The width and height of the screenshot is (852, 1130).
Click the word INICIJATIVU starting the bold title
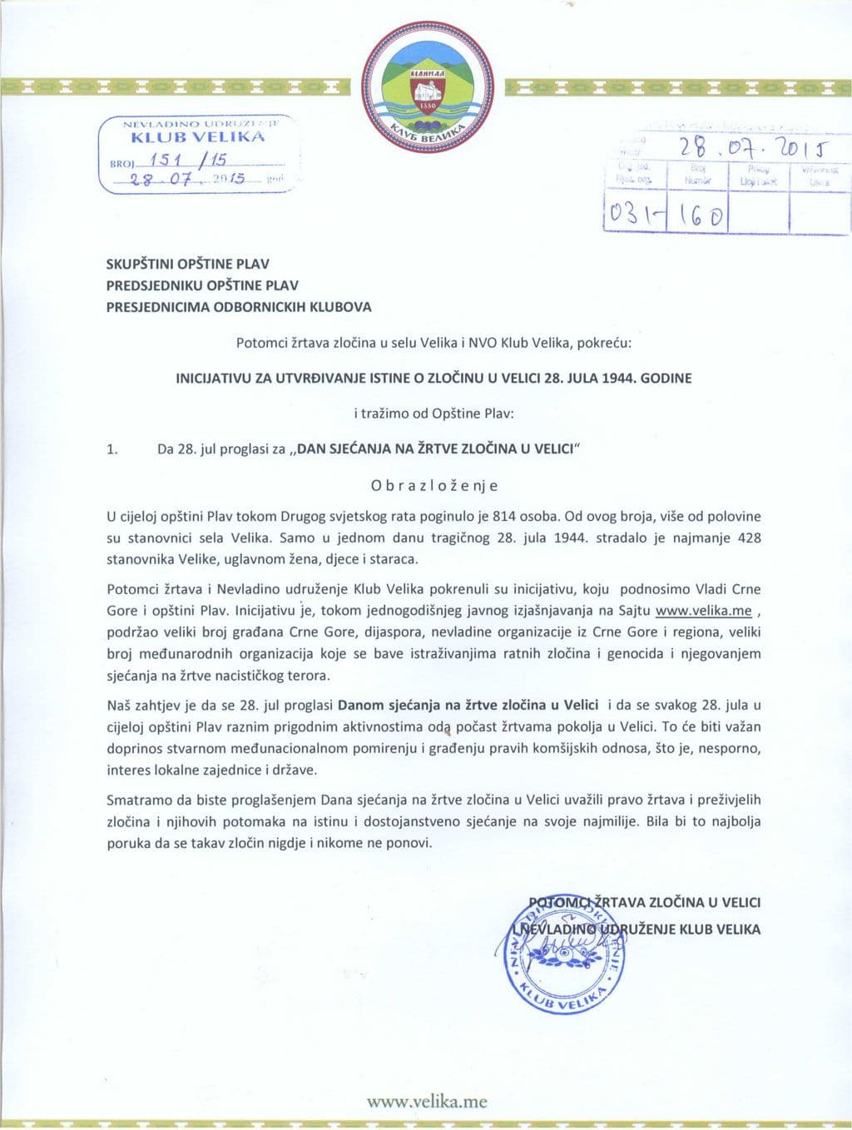(x=214, y=378)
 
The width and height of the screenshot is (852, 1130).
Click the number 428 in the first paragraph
(x=748, y=538)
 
